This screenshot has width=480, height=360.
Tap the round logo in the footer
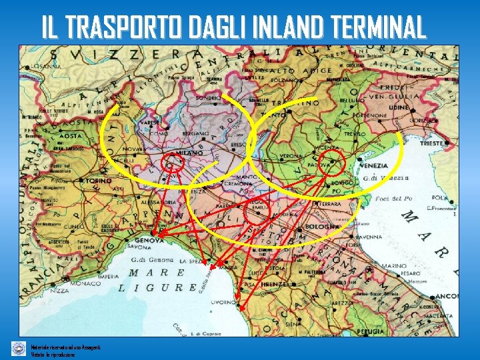[19, 348]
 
